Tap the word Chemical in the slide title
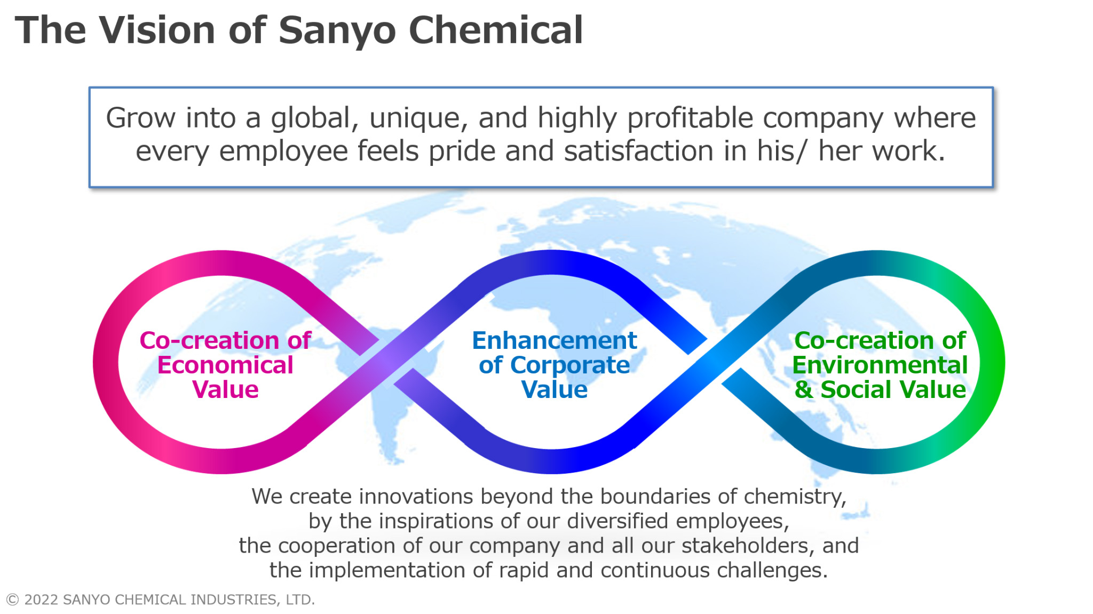(x=496, y=30)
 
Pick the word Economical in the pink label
(x=225, y=365)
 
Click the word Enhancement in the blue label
(x=555, y=340)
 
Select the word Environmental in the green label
(x=880, y=365)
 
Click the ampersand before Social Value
(x=804, y=389)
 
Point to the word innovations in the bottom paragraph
(x=416, y=497)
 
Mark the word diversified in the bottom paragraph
(x=617, y=521)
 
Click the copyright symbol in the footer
(x=13, y=600)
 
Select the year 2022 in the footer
(x=41, y=600)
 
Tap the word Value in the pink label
(x=225, y=389)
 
